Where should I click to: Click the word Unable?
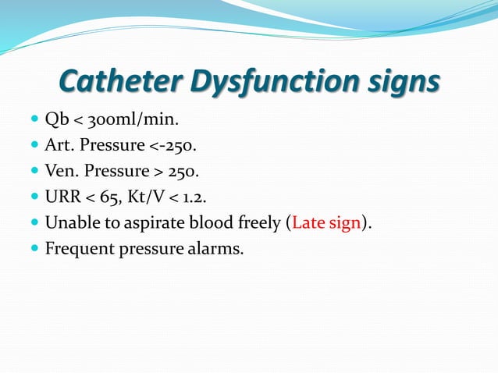pyautogui.click(x=71, y=222)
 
